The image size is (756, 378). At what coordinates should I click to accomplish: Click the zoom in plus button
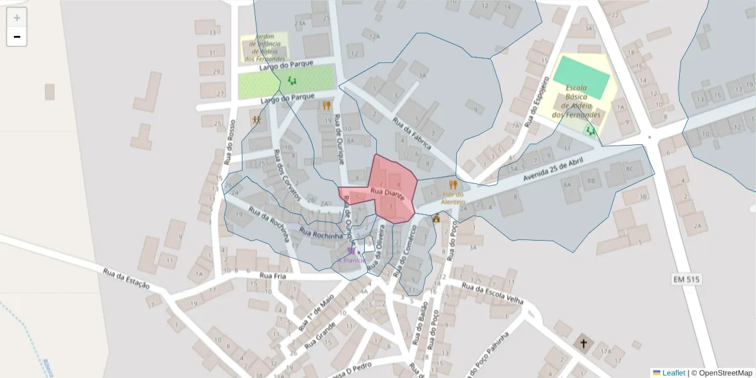[17, 18]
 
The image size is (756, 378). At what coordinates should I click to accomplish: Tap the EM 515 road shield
[686, 279]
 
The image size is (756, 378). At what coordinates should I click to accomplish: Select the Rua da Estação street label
[127, 277]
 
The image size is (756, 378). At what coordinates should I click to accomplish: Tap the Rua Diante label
[387, 193]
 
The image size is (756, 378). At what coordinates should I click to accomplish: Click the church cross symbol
[583, 344]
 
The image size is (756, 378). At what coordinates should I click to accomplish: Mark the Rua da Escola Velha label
[492, 294]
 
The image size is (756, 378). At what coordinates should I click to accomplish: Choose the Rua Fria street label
[273, 276]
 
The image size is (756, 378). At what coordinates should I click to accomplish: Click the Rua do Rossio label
[229, 142]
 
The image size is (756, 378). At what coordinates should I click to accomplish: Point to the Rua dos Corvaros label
[287, 175]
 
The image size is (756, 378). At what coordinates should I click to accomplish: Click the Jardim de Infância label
[265, 47]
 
